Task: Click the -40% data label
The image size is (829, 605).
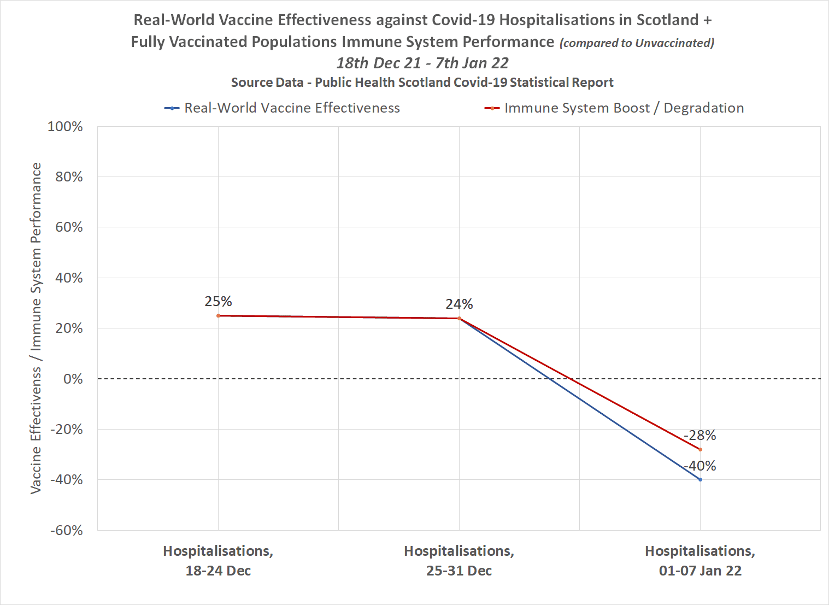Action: [x=700, y=466]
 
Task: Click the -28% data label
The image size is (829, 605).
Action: [x=700, y=436]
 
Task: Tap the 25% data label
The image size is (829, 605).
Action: [x=218, y=302]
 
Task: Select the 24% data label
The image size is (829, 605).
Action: [x=459, y=304]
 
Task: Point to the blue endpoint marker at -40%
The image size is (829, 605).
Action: [x=700, y=480]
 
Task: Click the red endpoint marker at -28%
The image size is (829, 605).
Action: [x=700, y=450]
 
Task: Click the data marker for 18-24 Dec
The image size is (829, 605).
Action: [x=218, y=316]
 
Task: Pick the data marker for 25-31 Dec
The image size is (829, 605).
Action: [x=459, y=318]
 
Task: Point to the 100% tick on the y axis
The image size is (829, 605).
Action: [x=65, y=127]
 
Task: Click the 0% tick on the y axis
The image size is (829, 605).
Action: [x=73, y=379]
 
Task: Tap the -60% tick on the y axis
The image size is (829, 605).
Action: [x=66, y=531]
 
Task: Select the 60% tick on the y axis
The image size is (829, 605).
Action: [x=69, y=227]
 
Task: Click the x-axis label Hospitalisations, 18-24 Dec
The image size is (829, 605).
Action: [x=218, y=561]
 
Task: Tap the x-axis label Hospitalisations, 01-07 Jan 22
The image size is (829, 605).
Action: [x=700, y=561]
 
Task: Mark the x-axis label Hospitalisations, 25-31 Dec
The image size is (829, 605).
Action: [x=459, y=561]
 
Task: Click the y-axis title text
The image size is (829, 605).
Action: [x=36, y=328]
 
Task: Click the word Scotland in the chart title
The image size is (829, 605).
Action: [x=667, y=20]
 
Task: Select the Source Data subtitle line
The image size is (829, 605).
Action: [x=422, y=83]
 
